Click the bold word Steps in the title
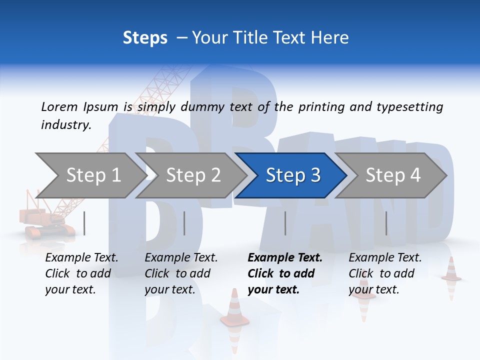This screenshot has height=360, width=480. [x=145, y=38]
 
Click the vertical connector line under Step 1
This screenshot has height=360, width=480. [x=84, y=223]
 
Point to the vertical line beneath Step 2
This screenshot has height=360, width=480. [x=184, y=223]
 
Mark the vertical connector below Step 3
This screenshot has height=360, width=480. [x=285, y=223]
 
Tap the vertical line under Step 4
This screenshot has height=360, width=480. [x=386, y=223]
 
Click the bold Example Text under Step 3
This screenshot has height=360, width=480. [x=285, y=258]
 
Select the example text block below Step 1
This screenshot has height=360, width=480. [x=81, y=273]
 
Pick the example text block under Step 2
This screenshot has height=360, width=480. [x=181, y=273]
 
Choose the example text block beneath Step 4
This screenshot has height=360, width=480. [x=385, y=273]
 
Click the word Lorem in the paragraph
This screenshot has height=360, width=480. [x=59, y=106]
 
